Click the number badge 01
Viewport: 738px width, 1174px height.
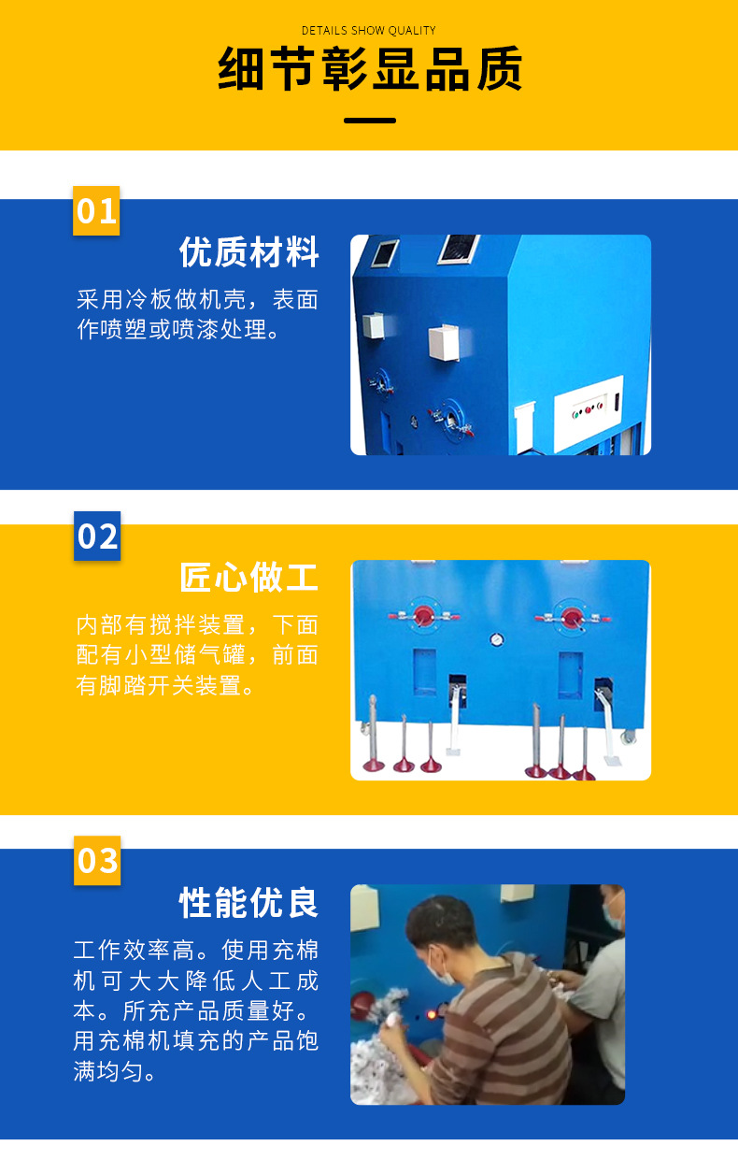tap(96, 210)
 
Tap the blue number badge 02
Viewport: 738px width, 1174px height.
tap(97, 536)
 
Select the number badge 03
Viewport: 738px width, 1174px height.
tap(97, 860)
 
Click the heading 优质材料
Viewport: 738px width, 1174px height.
tap(248, 252)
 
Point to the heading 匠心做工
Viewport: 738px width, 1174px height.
tap(248, 578)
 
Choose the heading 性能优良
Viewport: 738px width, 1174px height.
tap(248, 903)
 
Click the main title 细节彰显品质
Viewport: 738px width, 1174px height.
tap(369, 69)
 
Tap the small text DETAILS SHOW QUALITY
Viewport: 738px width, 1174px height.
tap(369, 31)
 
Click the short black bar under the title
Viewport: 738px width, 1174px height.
tap(369, 121)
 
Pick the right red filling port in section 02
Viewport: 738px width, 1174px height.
tap(572, 616)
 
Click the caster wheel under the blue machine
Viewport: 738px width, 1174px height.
tap(629, 736)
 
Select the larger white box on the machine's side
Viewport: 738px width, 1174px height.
tap(444, 343)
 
